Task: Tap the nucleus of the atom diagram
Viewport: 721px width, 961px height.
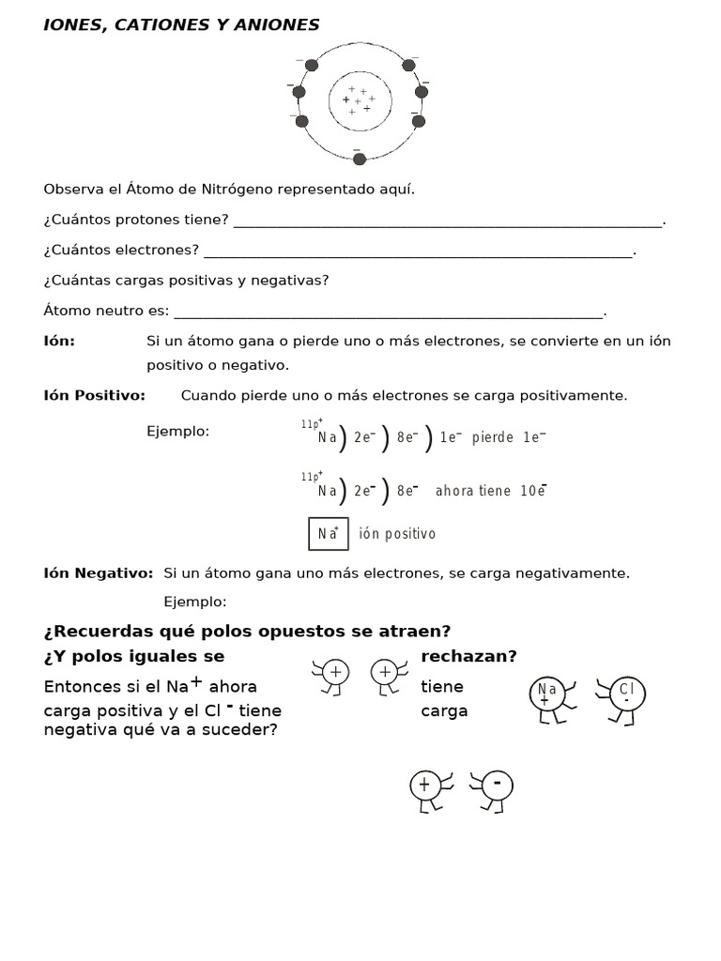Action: coord(359,100)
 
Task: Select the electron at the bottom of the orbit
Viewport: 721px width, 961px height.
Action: coord(359,159)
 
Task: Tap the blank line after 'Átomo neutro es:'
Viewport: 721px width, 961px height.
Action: coord(389,313)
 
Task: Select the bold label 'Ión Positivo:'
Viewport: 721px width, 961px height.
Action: coord(95,395)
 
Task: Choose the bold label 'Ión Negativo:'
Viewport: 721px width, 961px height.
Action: coord(99,572)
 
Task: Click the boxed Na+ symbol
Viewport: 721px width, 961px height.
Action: coord(329,533)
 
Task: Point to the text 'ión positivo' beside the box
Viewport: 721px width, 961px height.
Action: coord(397,534)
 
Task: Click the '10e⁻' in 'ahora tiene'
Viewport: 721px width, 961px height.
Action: coord(532,490)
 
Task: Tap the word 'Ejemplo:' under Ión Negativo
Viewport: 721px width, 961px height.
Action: coord(195,601)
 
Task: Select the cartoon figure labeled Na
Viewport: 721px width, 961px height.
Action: coord(546,698)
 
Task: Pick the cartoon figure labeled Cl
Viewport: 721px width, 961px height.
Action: coord(624,697)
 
